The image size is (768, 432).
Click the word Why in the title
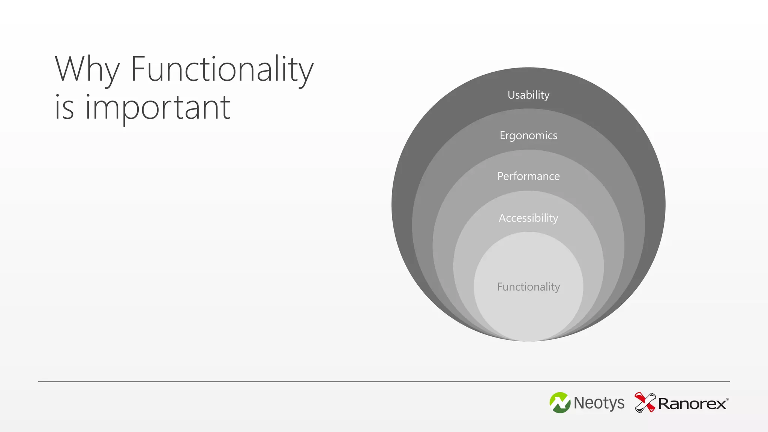(x=87, y=70)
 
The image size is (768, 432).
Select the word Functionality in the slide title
(x=222, y=70)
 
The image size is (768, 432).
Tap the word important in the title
(x=157, y=108)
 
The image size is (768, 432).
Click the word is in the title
(x=64, y=108)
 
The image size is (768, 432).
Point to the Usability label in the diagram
(x=528, y=95)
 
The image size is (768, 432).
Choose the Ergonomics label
(x=528, y=135)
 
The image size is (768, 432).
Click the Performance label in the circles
(x=528, y=176)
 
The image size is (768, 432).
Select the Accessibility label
(x=528, y=218)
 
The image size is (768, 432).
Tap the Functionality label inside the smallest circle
(x=528, y=287)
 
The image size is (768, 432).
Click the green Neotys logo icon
(x=560, y=403)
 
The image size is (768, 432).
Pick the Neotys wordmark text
(x=599, y=403)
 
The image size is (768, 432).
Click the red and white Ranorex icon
(x=645, y=402)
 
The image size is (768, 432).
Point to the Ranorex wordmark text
(x=692, y=404)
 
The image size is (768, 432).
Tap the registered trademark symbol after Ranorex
(x=727, y=400)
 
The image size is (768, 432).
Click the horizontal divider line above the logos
(x=384, y=381)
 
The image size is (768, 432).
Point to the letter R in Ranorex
(x=664, y=404)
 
